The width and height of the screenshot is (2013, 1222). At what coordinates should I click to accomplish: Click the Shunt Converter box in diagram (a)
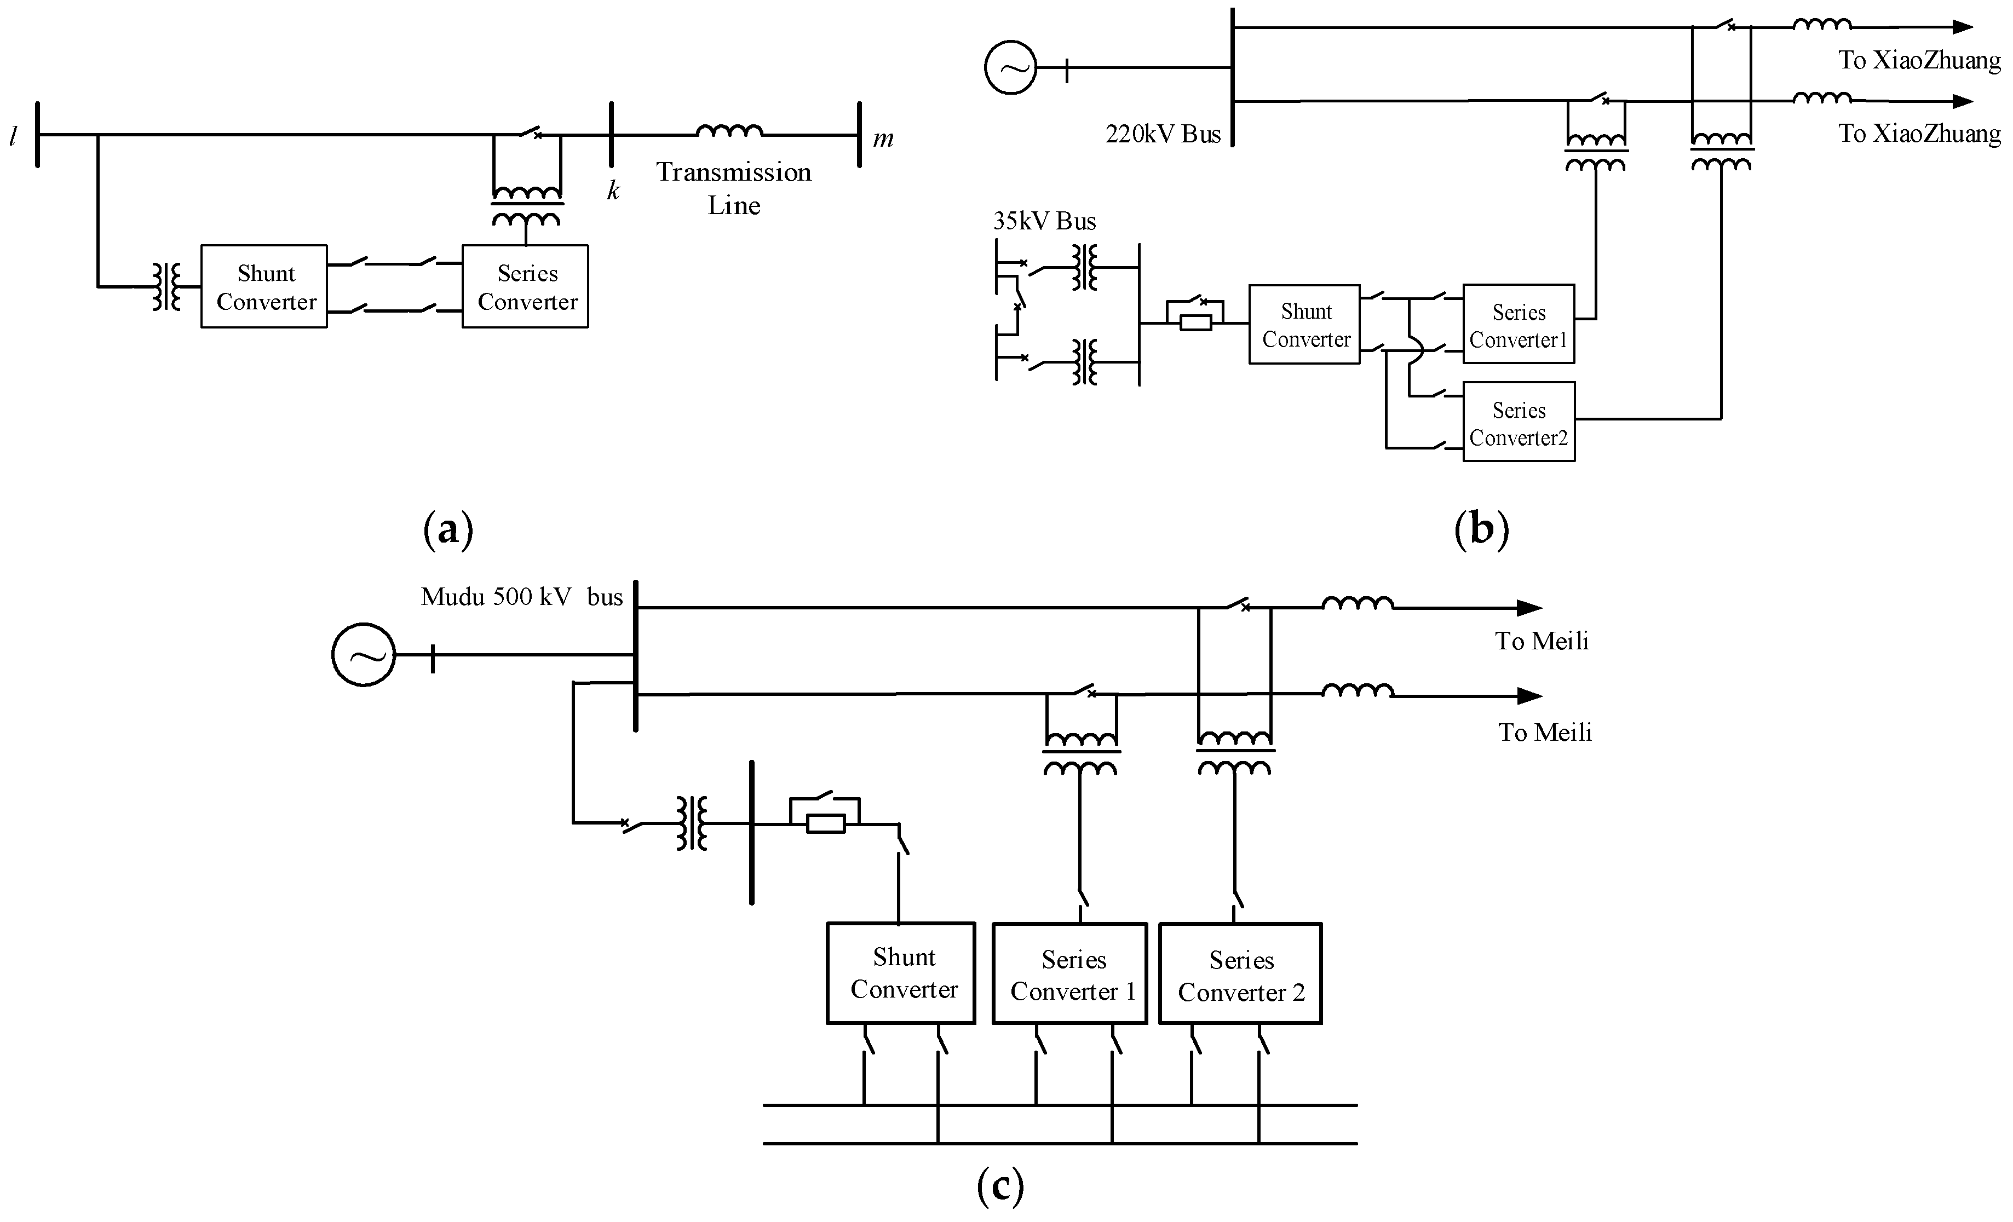(264, 287)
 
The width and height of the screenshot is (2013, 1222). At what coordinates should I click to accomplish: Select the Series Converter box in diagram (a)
(525, 287)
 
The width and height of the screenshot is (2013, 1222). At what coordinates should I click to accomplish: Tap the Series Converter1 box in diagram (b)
(1518, 324)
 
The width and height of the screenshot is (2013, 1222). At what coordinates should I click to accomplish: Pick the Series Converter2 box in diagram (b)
(1518, 422)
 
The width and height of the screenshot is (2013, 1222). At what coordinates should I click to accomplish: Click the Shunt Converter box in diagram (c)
(901, 973)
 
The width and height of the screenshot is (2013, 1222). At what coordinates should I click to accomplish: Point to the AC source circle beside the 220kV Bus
(1010, 68)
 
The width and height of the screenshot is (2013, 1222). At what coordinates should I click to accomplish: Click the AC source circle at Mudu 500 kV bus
(364, 655)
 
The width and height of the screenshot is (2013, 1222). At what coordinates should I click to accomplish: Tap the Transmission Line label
(734, 189)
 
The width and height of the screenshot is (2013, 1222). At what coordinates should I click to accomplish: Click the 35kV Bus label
(1044, 221)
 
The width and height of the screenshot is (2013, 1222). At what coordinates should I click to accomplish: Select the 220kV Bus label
(1163, 135)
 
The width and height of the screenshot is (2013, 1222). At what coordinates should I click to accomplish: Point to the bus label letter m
(883, 139)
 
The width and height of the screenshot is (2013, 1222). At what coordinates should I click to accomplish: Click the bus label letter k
(613, 191)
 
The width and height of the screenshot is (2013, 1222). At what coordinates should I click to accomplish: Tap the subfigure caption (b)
(1481, 529)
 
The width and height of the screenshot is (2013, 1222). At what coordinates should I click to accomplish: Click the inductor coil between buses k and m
(729, 131)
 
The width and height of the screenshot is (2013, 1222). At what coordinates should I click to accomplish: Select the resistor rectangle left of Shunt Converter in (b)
(1196, 322)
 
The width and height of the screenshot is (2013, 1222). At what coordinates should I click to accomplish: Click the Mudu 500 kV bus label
(521, 597)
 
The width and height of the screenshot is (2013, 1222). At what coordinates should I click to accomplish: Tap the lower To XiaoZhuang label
(1919, 133)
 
